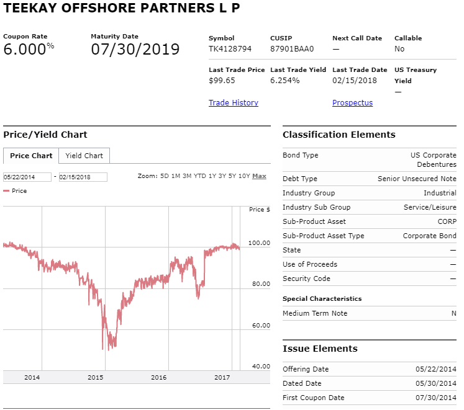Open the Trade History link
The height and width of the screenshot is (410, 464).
(x=233, y=102)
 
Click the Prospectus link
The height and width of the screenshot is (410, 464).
(x=352, y=102)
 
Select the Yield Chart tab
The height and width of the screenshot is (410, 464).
(x=84, y=156)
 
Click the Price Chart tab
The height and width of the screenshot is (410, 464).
(x=31, y=156)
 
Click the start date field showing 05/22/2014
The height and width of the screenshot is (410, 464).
(x=27, y=177)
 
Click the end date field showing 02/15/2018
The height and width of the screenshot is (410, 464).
(x=83, y=177)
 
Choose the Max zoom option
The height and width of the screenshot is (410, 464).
(x=259, y=176)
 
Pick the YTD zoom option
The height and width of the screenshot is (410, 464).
(x=200, y=176)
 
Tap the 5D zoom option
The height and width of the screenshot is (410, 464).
(x=165, y=176)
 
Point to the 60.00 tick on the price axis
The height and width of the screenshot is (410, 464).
(x=261, y=325)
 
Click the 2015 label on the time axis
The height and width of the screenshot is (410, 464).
(x=95, y=377)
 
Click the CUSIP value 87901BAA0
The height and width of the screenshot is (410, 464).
(x=292, y=49)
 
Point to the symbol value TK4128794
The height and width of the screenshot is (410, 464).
(x=230, y=49)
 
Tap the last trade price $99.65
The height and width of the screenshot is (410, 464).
(x=222, y=81)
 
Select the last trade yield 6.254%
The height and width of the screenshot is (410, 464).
(x=284, y=81)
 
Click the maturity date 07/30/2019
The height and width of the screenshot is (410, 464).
(x=135, y=49)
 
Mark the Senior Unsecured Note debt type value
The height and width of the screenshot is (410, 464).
(x=417, y=179)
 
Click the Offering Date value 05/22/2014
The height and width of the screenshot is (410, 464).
(x=436, y=369)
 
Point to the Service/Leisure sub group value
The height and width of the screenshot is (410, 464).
(x=430, y=207)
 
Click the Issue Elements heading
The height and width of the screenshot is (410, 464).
(x=320, y=349)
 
